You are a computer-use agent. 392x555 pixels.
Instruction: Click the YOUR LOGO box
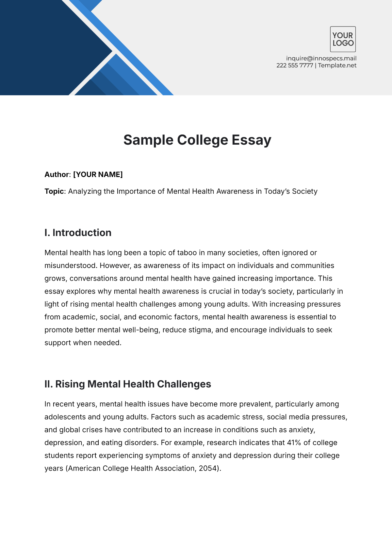(343, 39)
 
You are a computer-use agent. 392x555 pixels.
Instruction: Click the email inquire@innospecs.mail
(321, 58)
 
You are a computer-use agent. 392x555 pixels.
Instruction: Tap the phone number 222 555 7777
(295, 65)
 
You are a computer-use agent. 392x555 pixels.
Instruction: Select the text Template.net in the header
(337, 65)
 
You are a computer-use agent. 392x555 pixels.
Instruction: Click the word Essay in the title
(251, 140)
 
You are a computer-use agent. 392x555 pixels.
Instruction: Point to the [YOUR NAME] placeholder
(98, 174)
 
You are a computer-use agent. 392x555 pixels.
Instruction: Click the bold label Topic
(54, 191)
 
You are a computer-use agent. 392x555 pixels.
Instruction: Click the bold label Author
(57, 174)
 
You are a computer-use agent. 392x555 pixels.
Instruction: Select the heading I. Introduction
(78, 233)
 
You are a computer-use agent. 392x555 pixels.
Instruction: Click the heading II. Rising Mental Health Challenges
(128, 384)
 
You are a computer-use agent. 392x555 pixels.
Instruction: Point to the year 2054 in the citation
(208, 469)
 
